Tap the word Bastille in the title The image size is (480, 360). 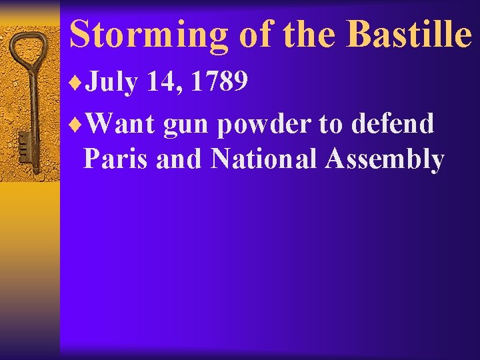pyautogui.click(x=409, y=34)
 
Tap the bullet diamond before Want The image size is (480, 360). pyautogui.click(x=76, y=123)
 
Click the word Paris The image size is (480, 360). pyautogui.click(x=116, y=160)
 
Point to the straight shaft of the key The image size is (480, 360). pyautogui.click(x=29, y=107)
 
